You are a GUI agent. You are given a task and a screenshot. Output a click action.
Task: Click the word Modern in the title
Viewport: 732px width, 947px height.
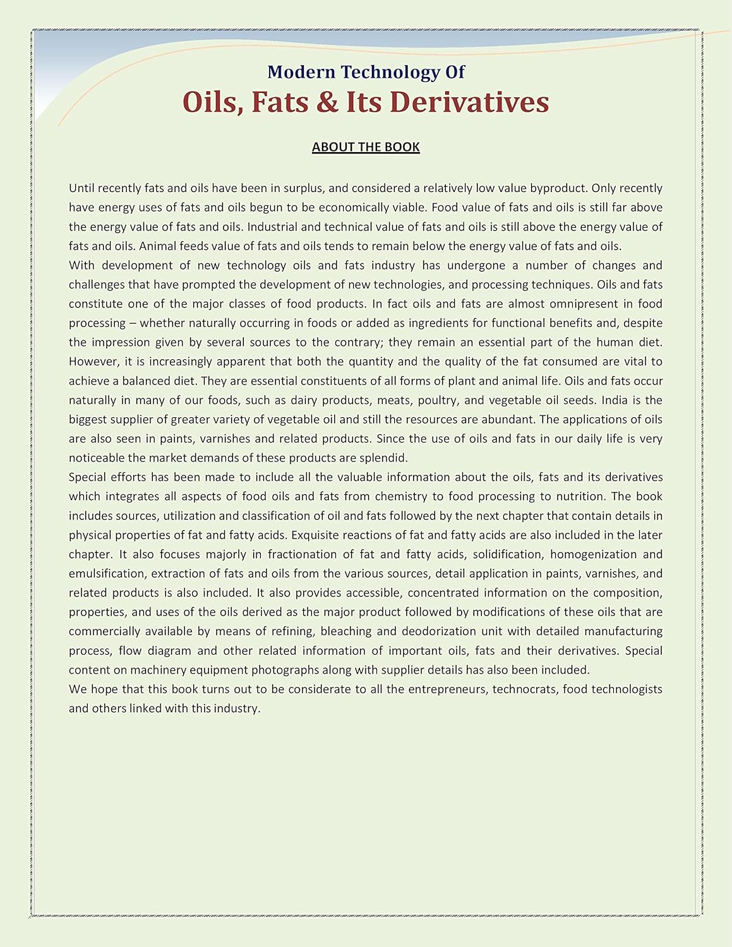(x=301, y=72)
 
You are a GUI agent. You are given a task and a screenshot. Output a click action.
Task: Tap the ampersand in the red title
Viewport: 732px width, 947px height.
(x=327, y=102)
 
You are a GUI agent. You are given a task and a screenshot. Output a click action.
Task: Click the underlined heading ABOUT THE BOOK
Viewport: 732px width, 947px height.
(x=366, y=147)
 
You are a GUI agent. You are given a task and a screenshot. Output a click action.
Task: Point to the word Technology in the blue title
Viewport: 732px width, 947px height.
(x=390, y=72)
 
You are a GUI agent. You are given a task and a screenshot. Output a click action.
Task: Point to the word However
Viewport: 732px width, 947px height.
(x=94, y=362)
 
